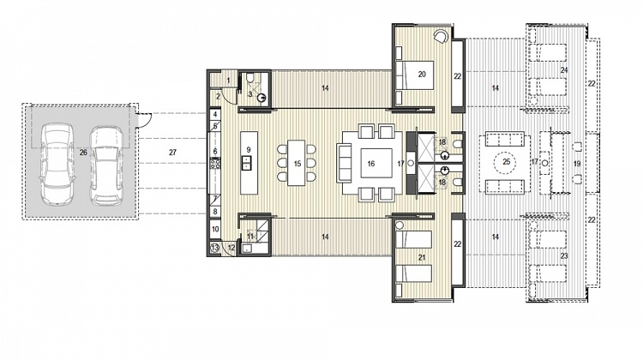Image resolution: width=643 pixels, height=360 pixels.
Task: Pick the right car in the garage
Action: tap(105, 165)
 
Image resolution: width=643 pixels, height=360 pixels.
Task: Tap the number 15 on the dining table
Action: tap(297, 162)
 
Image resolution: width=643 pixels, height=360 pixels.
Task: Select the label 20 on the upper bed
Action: tap(422, 74)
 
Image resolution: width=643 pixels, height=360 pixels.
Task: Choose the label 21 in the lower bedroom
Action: tap(421, 257)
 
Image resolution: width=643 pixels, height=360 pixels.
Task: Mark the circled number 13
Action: tap(214, 248)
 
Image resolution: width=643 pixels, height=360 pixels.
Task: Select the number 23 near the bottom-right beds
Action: tap(563, 255)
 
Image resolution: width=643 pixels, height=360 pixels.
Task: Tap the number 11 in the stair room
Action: tap(250, 234)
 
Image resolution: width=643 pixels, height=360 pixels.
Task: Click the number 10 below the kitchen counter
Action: tap(215, 230)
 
